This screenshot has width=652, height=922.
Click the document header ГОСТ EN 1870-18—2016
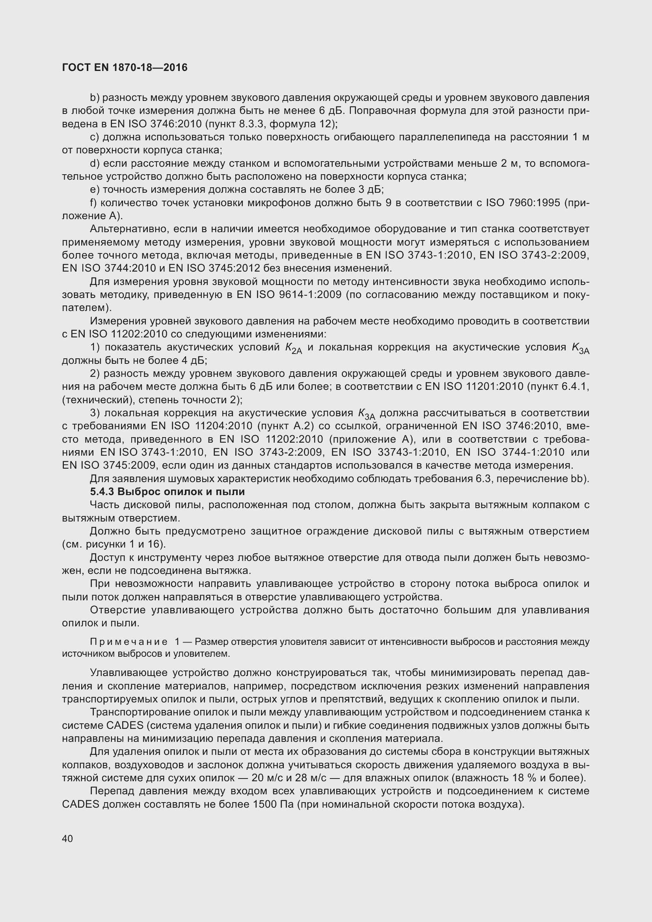tap(125, 67)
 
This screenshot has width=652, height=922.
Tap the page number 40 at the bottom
tap(67, 838)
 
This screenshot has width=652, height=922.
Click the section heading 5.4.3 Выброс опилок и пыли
tap(168, 492)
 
